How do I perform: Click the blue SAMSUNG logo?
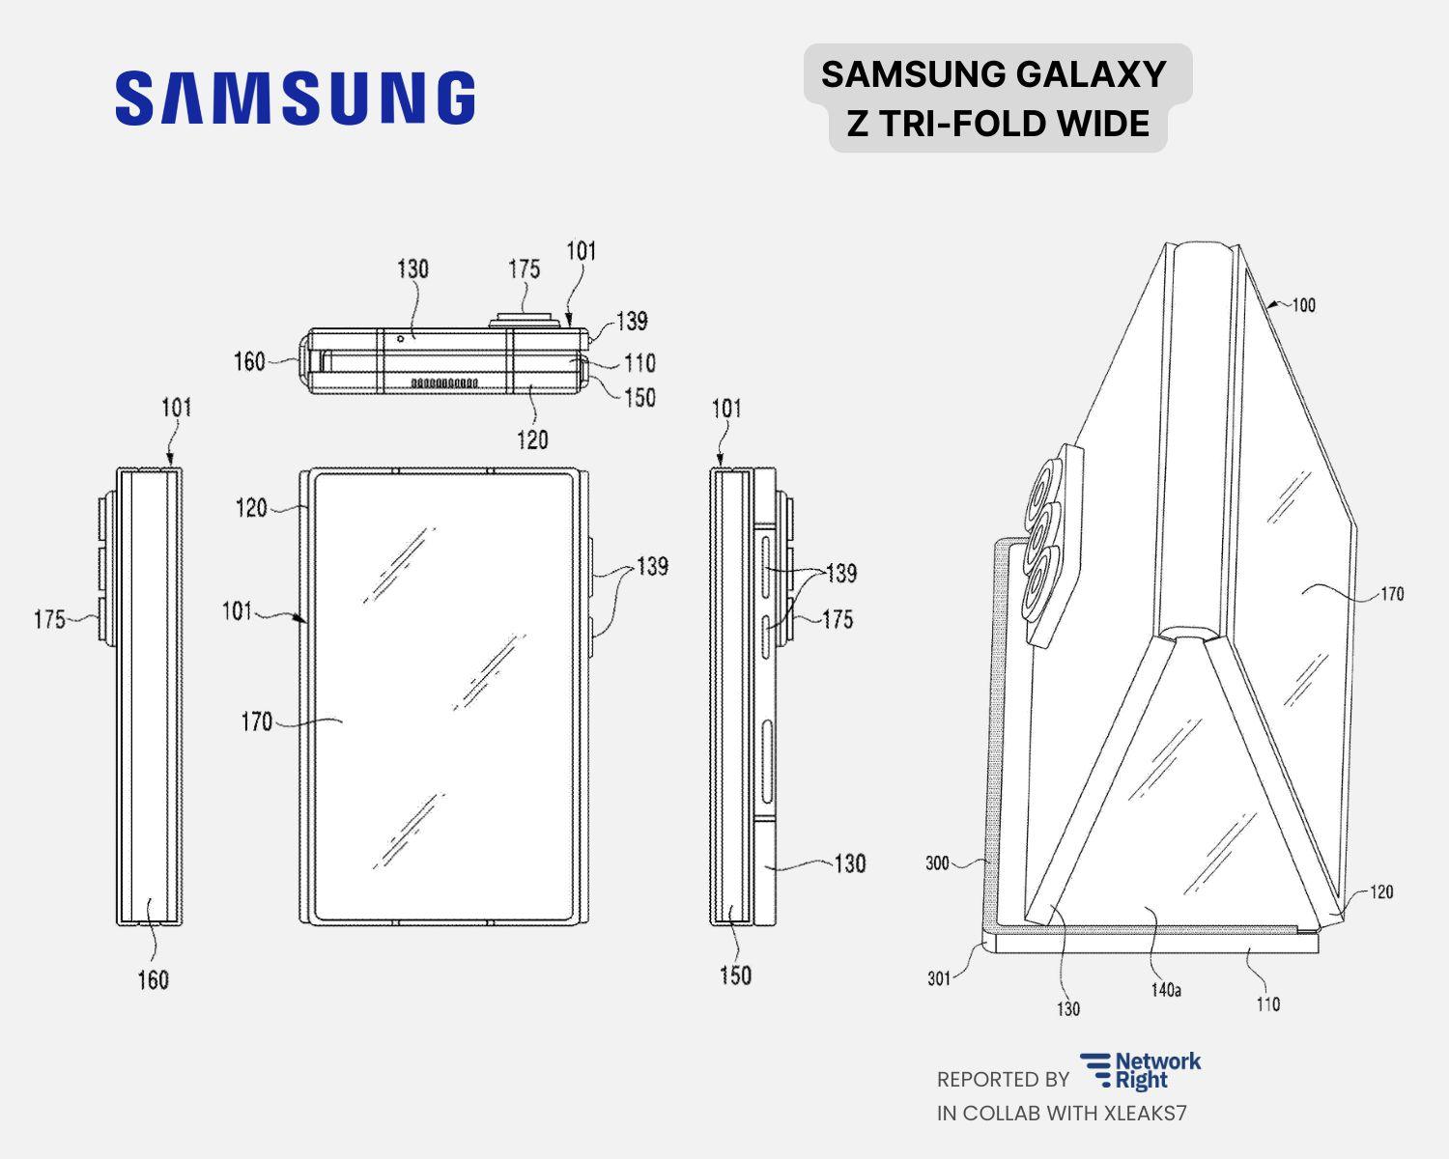295,98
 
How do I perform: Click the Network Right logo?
1141,1071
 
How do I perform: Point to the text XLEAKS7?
1145,1113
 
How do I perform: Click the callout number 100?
1303,305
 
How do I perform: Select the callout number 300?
937,863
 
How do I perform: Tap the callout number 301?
939,978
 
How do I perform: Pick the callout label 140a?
1165,990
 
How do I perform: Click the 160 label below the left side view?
153,980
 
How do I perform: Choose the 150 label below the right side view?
734,976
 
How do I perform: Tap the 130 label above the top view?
412,269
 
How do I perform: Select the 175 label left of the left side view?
49,619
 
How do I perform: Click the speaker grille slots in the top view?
444,383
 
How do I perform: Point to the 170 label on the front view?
256,721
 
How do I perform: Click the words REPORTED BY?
1002,1079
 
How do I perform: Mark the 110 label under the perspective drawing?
1267,1004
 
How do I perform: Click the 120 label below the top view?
532,440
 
